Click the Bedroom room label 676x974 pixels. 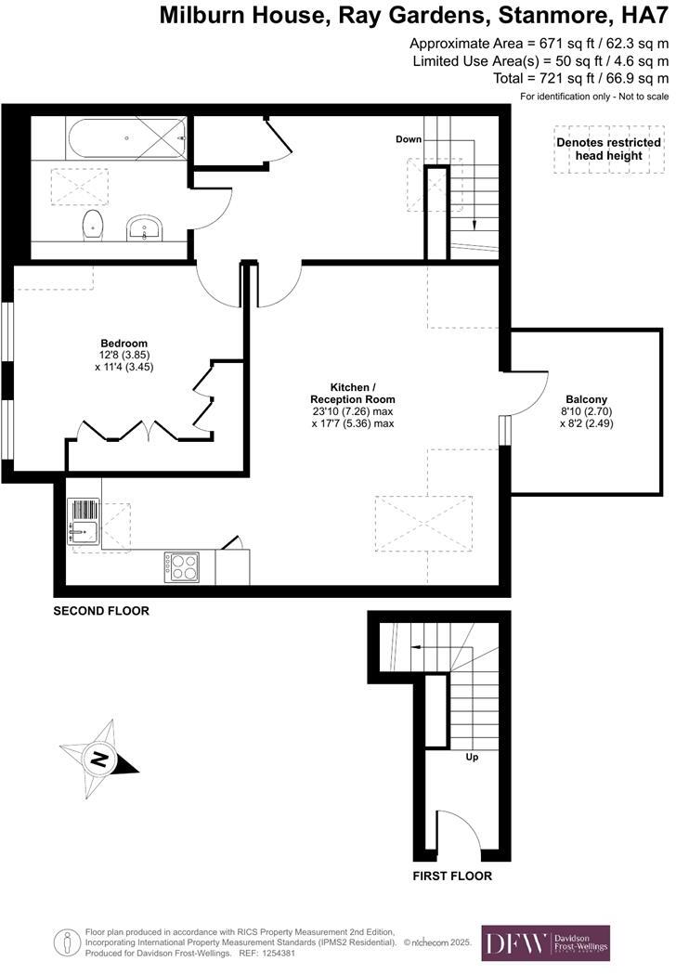click(x=123, y=343)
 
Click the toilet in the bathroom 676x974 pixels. click(x=92, y=223)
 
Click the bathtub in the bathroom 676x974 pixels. click(x=125, y=140)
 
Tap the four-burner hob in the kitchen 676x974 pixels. click(x=181, y=566)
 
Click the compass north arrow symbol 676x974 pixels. click(x=97, y=759)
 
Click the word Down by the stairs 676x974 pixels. click(x=409, y=139)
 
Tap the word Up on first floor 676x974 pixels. click(x=473, y=757)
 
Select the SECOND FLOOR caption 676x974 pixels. click(x=101, y=611)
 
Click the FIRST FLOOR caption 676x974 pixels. click(x=452, y=876)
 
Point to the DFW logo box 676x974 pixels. click(x=545, y=942)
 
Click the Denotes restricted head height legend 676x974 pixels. click(x=608, y=149)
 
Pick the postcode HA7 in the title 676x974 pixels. click(x=643, y=15)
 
